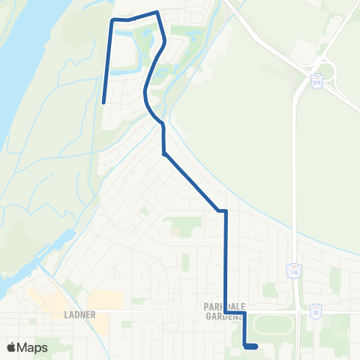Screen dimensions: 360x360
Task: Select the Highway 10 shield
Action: coord(315,311)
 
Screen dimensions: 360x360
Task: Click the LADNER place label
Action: coord(80,315)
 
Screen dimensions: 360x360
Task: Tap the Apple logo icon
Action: coord(11,347)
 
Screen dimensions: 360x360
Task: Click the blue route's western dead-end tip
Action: coord(103,100)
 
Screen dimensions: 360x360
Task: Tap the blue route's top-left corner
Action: coord(112,20)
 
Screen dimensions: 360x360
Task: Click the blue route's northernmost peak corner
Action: coord(156,13)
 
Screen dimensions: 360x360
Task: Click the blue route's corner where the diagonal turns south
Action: coord(225,211)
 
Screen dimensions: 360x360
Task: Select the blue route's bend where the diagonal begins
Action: coord(164,154)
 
